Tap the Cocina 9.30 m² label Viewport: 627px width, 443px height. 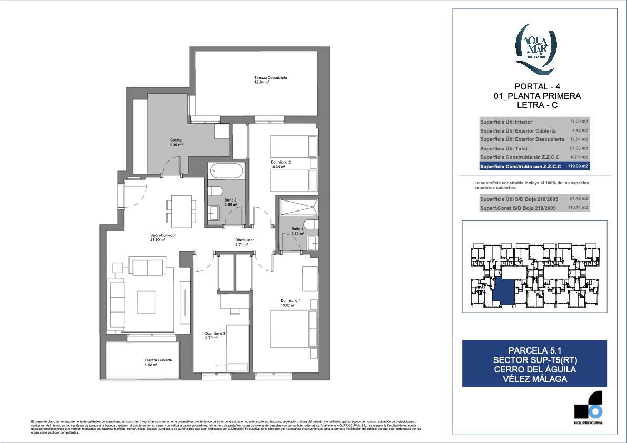[176, 142]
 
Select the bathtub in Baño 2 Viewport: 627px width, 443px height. [226, 171]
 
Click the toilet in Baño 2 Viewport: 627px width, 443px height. [216, 192]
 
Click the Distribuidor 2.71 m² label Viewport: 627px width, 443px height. [244, 242]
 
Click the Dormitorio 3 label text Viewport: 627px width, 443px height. [215, 333]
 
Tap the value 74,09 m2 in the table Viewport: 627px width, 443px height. [579, 122]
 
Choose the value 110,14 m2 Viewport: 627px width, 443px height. [579, 208]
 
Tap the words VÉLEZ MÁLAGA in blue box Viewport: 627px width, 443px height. [534, 379]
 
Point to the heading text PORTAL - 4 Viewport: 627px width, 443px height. [534, 87]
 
